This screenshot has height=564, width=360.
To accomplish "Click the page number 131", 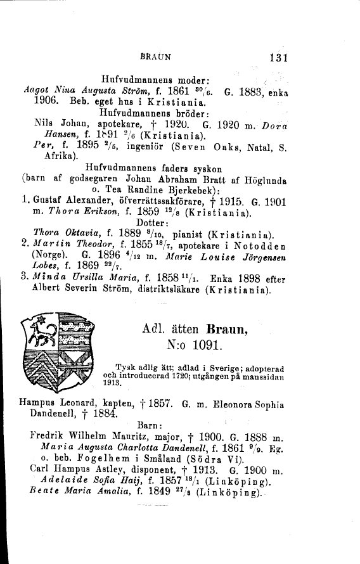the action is pyautogui.click(x=278, y=58).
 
